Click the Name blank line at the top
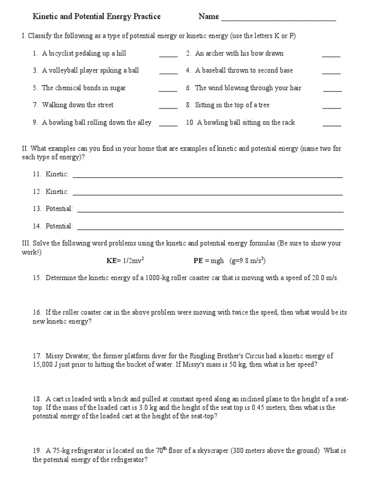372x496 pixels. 278,19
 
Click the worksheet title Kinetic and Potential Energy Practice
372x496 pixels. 96,16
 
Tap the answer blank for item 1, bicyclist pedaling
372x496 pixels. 168,56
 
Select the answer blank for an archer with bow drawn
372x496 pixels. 331,56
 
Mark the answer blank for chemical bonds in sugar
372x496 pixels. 168,90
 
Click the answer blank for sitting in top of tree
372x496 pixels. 331,108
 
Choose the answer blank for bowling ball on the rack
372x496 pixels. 331,125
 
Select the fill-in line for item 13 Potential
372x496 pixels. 210,211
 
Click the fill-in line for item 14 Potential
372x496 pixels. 210,228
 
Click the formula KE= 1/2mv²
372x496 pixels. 125,261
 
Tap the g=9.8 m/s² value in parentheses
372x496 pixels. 248,261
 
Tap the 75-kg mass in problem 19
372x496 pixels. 56,450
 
